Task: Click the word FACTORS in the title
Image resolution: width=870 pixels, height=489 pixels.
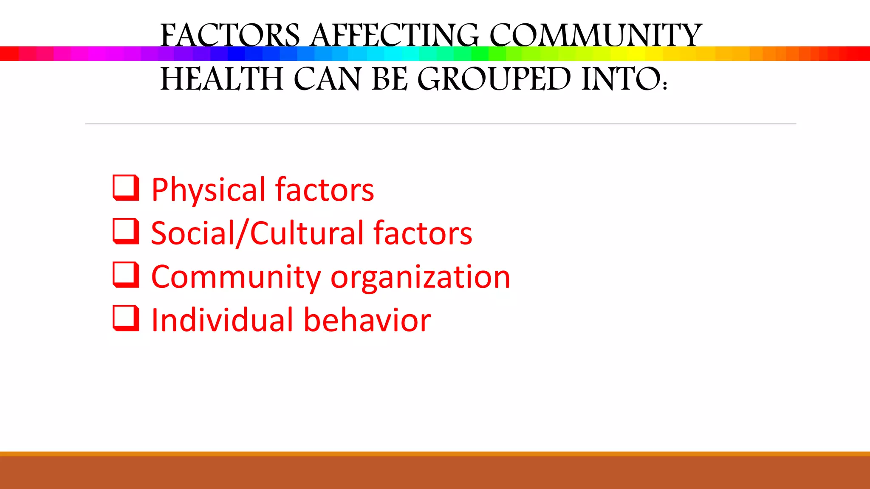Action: click(230, 36)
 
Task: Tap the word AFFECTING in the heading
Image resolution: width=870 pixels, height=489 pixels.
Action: click(395, 36)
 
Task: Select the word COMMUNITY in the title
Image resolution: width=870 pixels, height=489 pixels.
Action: click(596, 36)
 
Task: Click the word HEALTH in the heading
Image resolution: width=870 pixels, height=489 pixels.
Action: click(221, 79)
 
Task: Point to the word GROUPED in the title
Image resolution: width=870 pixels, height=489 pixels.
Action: click(494, 79)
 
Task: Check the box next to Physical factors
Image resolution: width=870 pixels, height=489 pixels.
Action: click(126, 187)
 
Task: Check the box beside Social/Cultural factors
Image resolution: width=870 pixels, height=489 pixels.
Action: click(126, 231)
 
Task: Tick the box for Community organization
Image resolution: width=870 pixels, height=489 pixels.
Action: click(126, 274)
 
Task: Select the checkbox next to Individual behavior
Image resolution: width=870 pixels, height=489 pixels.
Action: click(126, 318)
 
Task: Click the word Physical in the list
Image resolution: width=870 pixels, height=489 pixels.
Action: click(208, 190)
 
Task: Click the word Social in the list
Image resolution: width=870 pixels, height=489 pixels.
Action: click(192, 233)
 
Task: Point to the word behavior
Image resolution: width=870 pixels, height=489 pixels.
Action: click(367, 320)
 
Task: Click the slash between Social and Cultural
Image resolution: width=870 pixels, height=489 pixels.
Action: click(243, 233)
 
